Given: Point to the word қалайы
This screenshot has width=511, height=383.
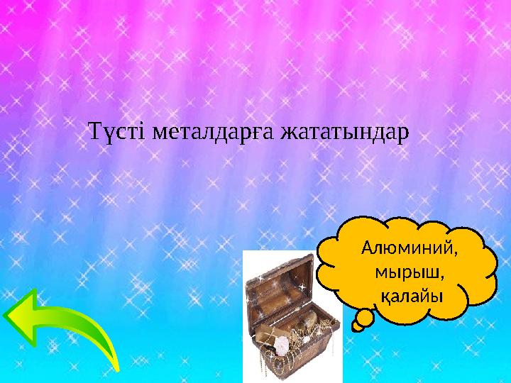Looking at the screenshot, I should [x=407, y=294].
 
